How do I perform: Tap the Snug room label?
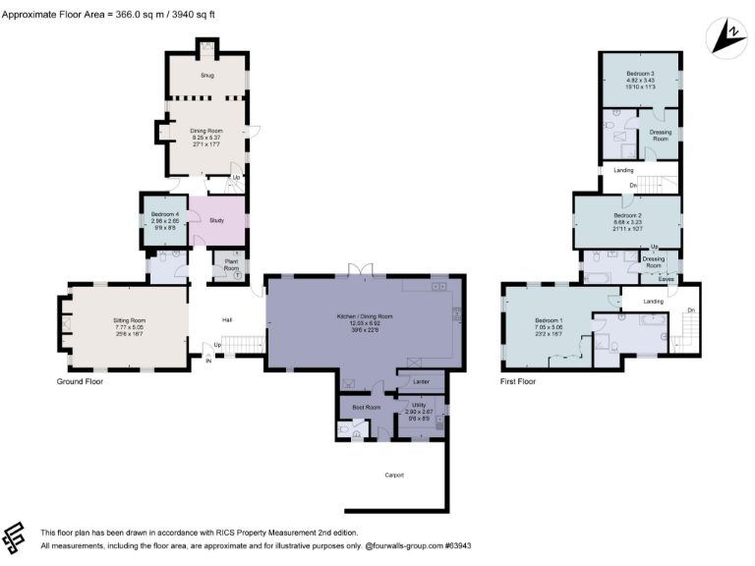point(206,75)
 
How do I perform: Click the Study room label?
point(217,220)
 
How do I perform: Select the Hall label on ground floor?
point(227,320)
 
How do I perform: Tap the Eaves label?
point(666,279)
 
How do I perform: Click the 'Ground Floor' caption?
point(81,380)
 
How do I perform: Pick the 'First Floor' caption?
point(516,380)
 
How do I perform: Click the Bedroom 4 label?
point(164,214)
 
